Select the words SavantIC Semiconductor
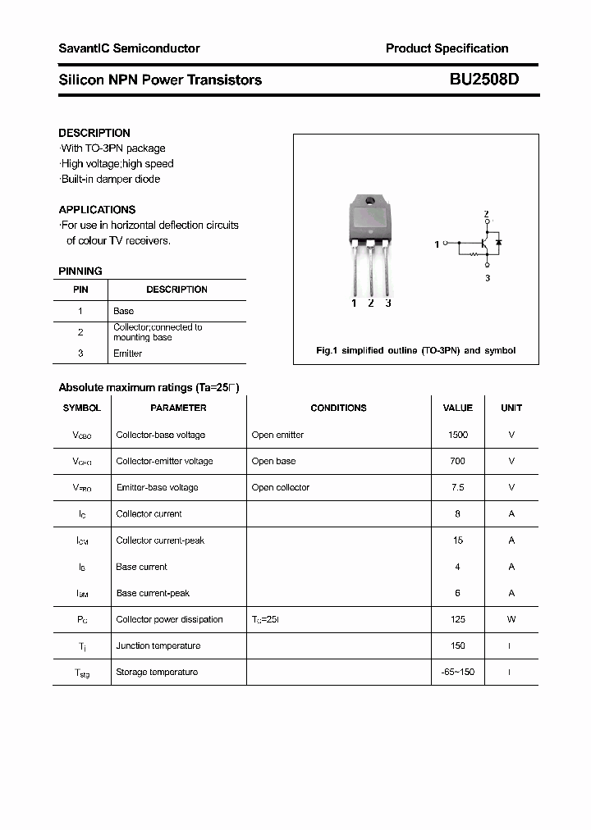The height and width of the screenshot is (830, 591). click(x=129, y=48)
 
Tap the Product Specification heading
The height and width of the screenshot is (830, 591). click(x=447, y=48)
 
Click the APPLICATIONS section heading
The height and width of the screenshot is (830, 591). click(x=97, y=209)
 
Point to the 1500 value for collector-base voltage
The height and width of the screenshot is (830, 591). click(x=458, y=435)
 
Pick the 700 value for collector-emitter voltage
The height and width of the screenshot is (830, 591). click(x=458, y=461)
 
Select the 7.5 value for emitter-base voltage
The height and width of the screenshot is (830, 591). click(x=458, y=487)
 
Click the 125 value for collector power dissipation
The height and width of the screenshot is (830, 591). click(x=458, y=619)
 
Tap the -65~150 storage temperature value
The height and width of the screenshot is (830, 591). click(x=458, y=672)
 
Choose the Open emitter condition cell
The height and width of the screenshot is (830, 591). click(x=277, y=435)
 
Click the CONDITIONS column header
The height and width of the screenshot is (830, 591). click(x=338, y=408)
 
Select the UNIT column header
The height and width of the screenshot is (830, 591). click(x=511, y=408)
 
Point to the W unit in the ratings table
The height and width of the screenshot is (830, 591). click(x=511, y=619)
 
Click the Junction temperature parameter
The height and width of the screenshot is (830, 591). click(x=158, y=645)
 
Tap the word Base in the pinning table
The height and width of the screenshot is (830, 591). click(x=123, y=311)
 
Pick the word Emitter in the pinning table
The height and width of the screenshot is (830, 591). click(x=127, y=353)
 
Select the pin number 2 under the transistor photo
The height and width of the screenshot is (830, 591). click(x=371, y=303)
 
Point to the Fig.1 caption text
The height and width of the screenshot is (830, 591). click(x=415, y=350)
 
